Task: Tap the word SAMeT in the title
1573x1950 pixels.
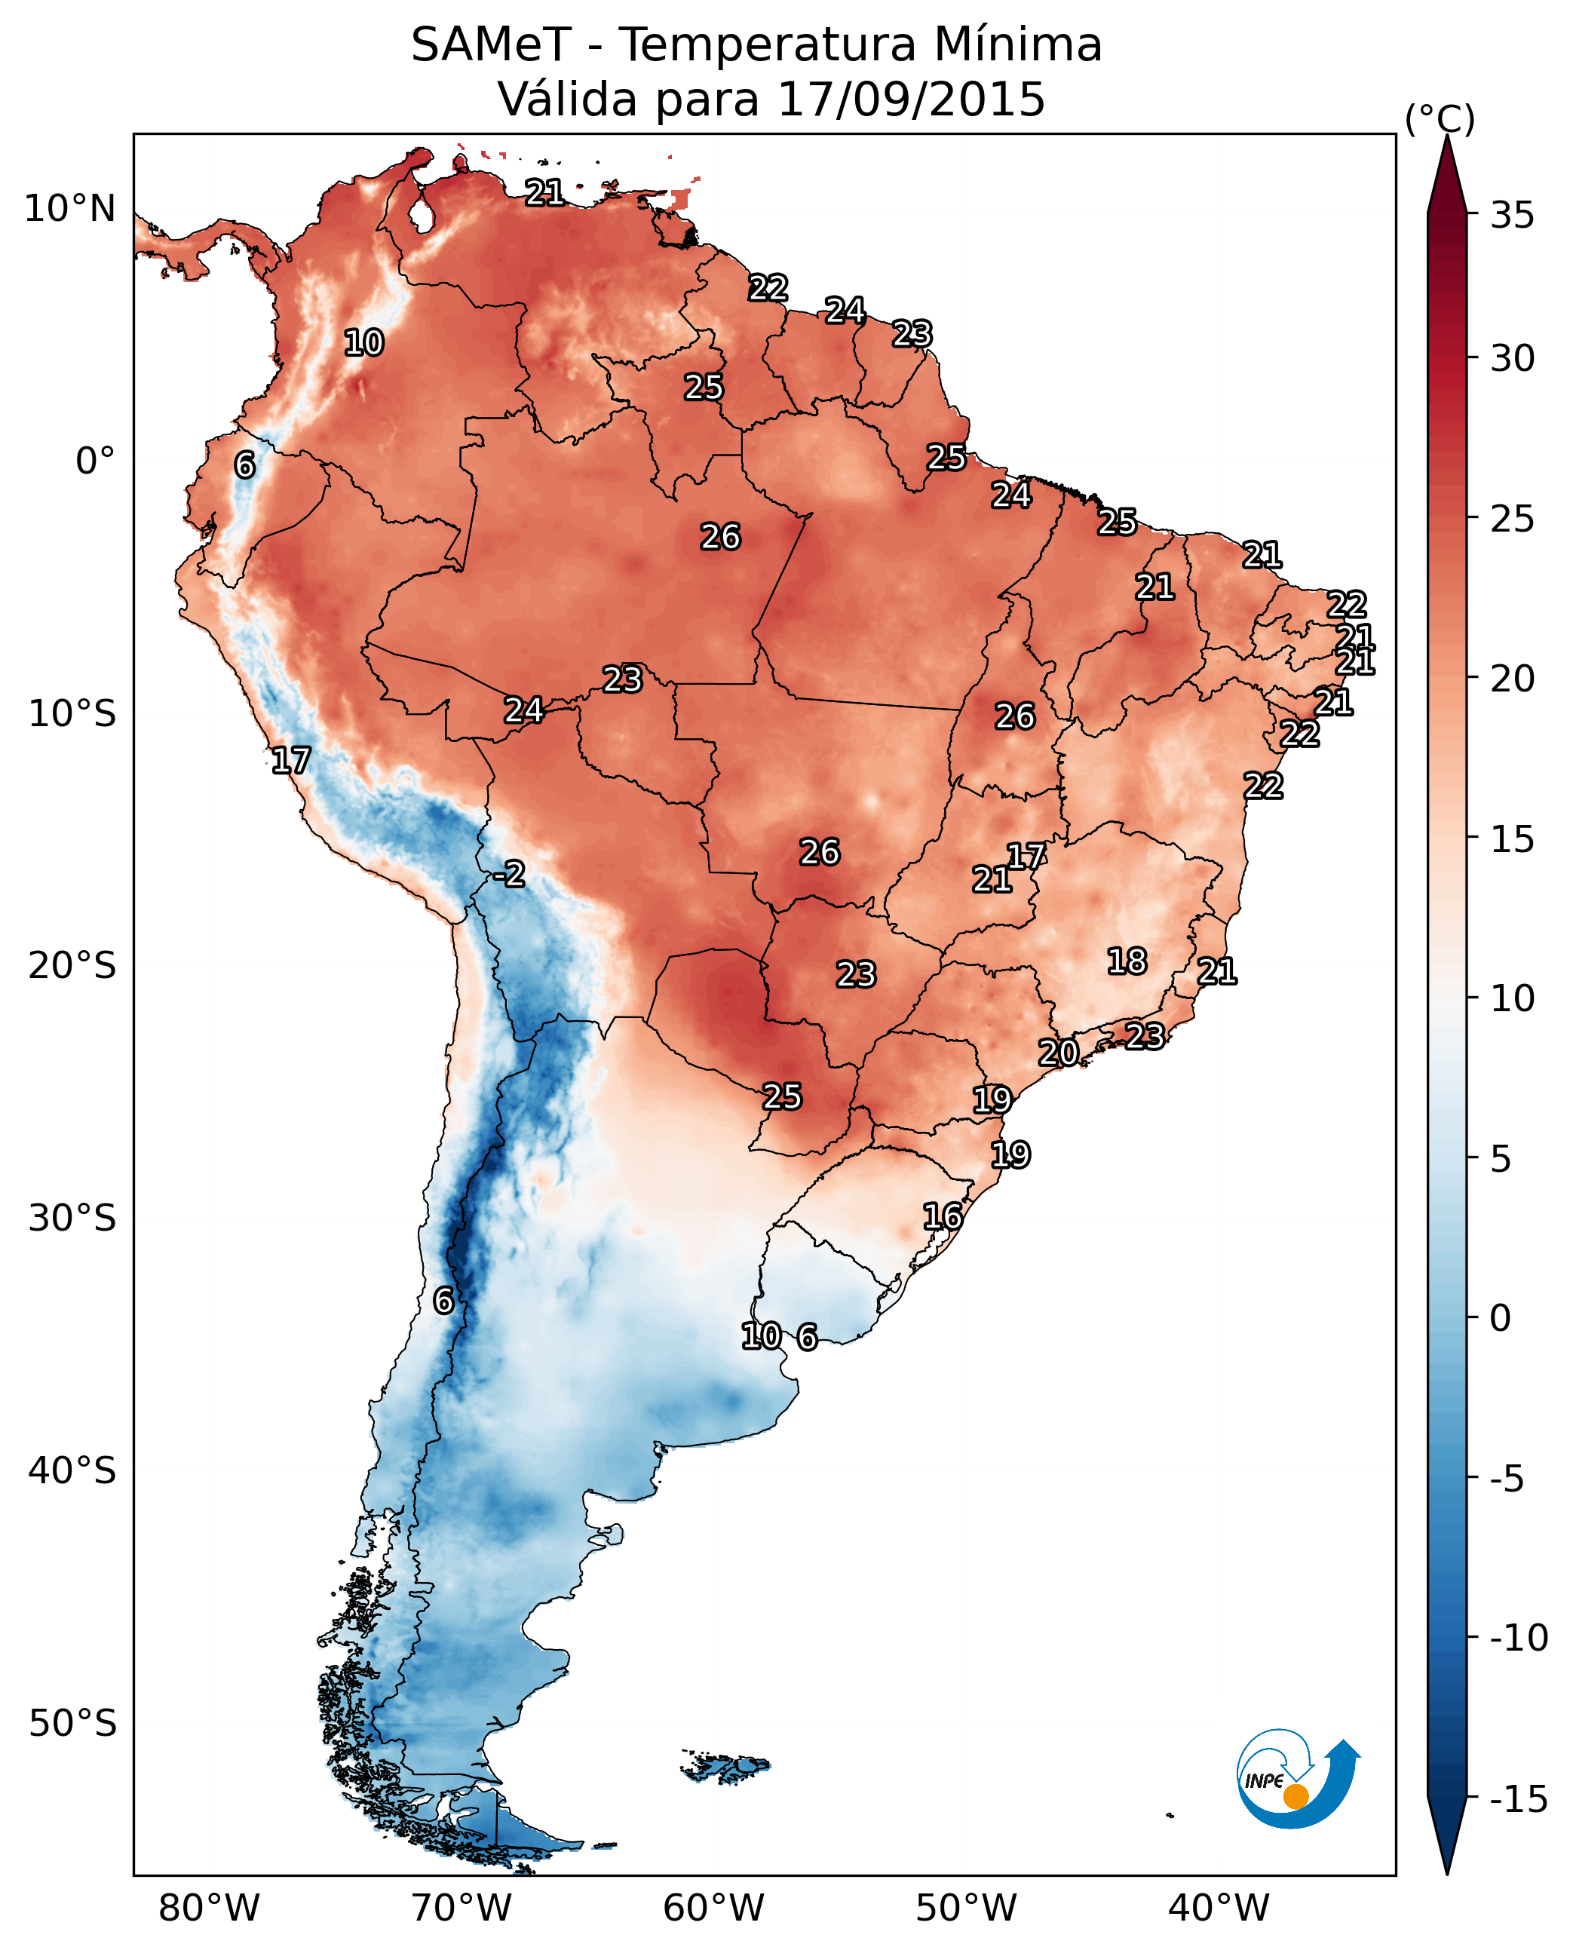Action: (x=490, y=45)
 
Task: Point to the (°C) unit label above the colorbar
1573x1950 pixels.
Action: (x=1440, y=118)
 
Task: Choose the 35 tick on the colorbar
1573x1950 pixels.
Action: (x=1512, y=216)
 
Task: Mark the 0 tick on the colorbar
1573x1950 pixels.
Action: (x=1501, y=1317)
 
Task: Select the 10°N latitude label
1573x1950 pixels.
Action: (x=70, y=210)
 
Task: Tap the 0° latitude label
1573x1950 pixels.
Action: (x=95, y=461)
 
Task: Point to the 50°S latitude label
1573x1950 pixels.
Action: (x=72, y=1722)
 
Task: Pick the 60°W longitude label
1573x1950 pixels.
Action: (x=713, y=1908)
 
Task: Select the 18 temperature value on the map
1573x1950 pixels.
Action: (x=1127, y=961)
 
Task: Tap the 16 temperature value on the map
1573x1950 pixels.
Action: (x=943, y=1216)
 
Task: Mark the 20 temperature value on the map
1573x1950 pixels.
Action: (x=1057, y=1053)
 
